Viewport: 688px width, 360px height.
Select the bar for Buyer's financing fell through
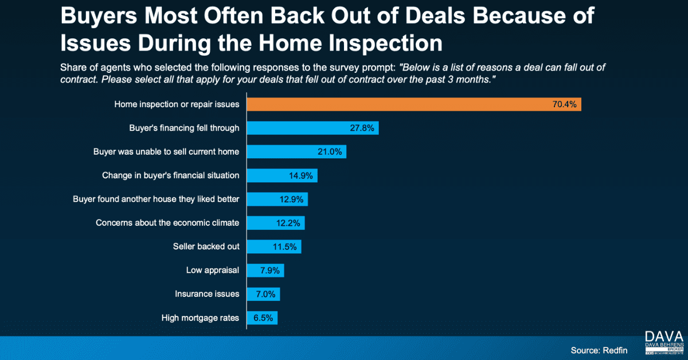click(312, 128)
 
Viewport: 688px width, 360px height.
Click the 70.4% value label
click(564, 104)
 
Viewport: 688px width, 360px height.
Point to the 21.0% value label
click(330, 152)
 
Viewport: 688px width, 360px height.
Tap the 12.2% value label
click(288, 222)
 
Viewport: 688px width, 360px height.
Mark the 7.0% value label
click(264, 294)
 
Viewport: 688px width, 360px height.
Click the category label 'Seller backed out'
click(206, 246)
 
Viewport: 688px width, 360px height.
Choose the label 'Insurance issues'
click(207, 294)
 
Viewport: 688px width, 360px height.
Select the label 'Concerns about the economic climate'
click(167, 222)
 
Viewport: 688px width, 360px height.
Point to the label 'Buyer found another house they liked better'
click(156, 199)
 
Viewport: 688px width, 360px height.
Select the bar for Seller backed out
click(273, 246)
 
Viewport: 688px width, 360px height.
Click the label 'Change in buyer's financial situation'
click(170, 175)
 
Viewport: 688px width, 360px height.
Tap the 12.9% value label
click(291, 199)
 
